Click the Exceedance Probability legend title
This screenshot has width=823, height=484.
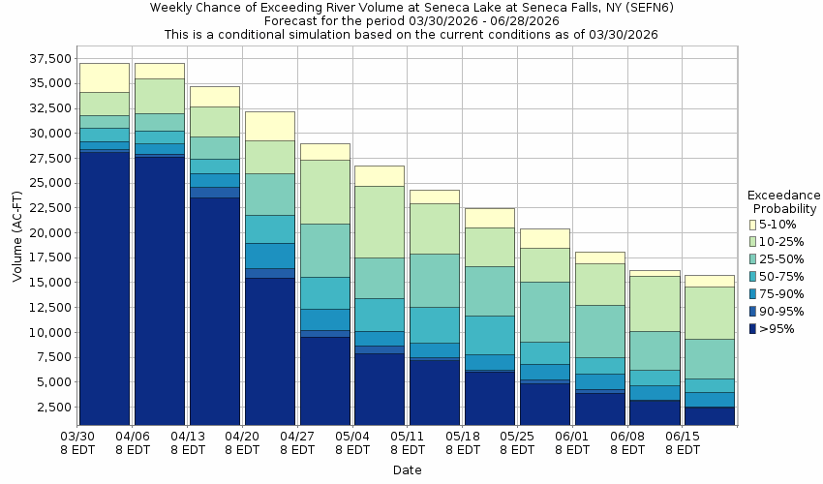click(x=785, y=201)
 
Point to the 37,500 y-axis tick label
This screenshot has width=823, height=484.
click(x=46, y=59)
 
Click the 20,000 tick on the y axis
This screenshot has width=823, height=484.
click(x=46, y=233)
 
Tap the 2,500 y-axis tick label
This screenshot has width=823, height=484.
click(x=50, y=408)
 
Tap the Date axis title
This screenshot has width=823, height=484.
click(x=407, y=470)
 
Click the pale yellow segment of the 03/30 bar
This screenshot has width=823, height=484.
click(x=104, y=77)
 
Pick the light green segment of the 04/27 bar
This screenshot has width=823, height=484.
click(x=324, y=192)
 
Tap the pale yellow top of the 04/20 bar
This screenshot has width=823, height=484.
click(x=269, y=126)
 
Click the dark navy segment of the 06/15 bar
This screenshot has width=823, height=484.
click(x=709, y=415)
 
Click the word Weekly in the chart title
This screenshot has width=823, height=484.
click(x=171, y=8)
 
